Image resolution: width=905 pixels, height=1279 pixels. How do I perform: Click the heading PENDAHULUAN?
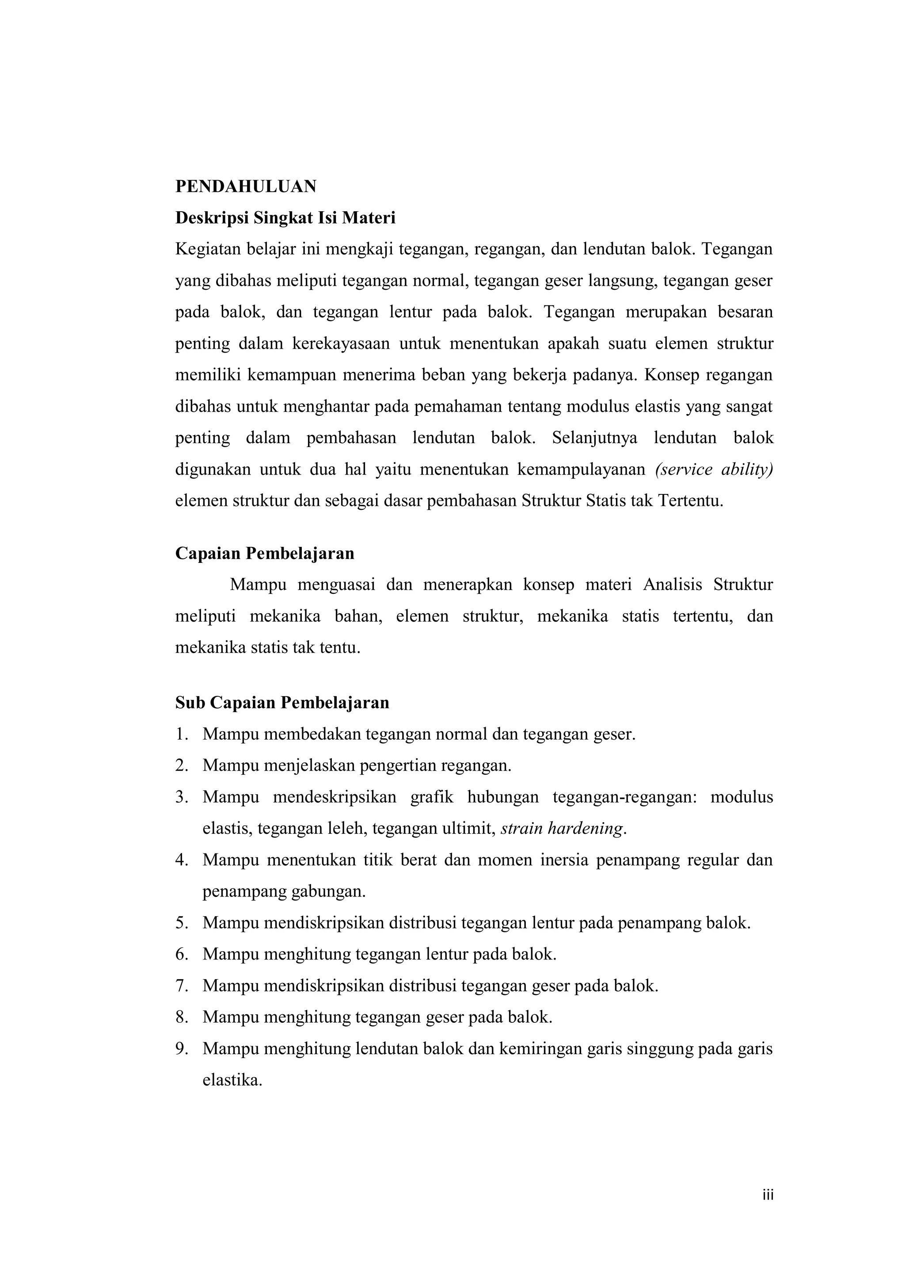click(x=246, y=186)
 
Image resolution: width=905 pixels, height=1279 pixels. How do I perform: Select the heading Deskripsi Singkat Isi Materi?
click(x=285, y=218)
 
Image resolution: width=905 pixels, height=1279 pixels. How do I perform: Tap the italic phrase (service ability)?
click(x=715, y=470)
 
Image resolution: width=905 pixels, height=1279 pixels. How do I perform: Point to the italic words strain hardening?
click(x=562, y=829)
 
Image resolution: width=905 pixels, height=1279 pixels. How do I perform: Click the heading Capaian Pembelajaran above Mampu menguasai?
click(x=265, y=553)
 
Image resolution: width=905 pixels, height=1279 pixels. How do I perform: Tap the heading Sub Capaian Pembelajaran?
click(x=282, y=702)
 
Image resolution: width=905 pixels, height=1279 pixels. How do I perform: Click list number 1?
click(x=181, y=734)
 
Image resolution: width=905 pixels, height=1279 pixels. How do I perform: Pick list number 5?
click(x=181, y=923)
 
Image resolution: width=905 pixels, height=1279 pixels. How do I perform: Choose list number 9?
click(x=181, y=1049)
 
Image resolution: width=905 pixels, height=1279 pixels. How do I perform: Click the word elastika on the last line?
click(x=232, y=1081)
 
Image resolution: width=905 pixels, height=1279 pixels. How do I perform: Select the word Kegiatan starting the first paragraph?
click(x=207, y=249)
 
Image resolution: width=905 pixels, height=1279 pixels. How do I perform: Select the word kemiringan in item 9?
click(x=540, y=1049)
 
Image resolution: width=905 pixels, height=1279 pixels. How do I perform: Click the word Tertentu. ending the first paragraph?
click(x=690, y=501)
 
